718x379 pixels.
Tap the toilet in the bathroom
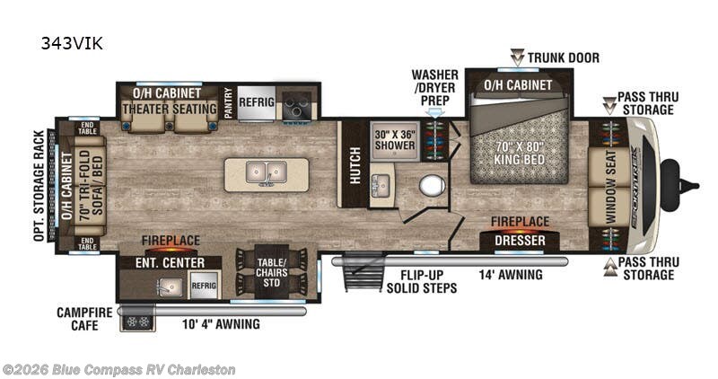(x=432, y=186)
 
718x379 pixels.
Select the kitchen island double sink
(x=265, y=171)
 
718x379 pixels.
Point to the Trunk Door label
(x=563, y=58)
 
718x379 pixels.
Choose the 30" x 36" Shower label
(x=395, y=138)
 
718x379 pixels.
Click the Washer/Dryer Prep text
(x=434, y=86)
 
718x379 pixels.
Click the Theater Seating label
(x=170, y=109)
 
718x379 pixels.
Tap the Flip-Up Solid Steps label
(x=422, y=281)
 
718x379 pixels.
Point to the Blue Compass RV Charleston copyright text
(x=118, y=369)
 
